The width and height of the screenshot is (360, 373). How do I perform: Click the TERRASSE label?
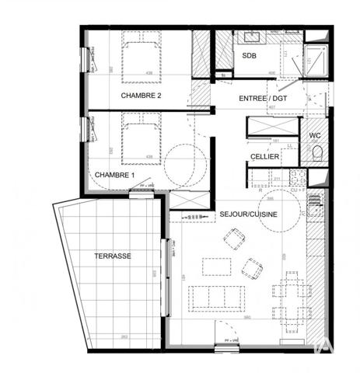[114, 256]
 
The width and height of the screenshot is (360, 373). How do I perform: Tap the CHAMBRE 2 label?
[141, 96]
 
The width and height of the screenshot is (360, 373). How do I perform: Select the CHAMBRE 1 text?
[114, 175]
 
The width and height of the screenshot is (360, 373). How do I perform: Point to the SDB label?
[249, 57]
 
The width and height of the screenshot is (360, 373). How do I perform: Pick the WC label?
[315, 135]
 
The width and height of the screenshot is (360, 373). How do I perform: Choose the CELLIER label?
[265, 157]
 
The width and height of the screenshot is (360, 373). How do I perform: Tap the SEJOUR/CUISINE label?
[248, 214]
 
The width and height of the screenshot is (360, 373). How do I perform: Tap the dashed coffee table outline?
[217, 267]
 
